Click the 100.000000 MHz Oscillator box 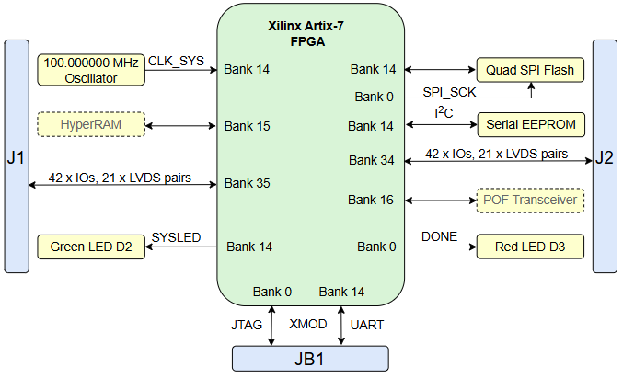click(x=90, y=70)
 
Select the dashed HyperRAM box click(x=90, y=124)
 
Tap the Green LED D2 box click(x=90, y=247)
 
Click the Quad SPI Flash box click(x=530, y=70)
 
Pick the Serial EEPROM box click(x=530, y=124)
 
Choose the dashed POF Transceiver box click(x=530, y=199)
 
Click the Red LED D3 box click(x=530, y=247)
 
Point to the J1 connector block click(x=17, y=157)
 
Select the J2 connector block click(x=604, y=157)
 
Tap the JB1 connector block click(x=310, y=359)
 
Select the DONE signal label click(x=438, y=237)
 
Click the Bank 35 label click(x=248, y=183)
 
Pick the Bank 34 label click(x=372, y=161)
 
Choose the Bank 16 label click(x=372, y=199)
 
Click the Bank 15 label click(x=248, y=125)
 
